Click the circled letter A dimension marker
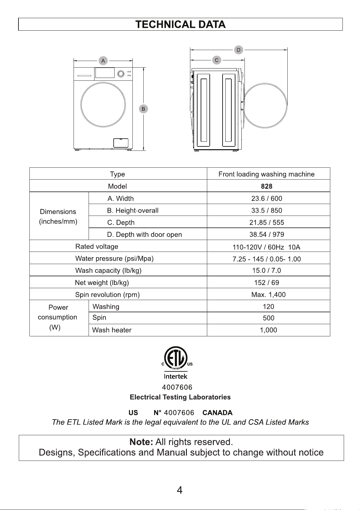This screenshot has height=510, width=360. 103,61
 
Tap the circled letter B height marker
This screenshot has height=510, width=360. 143,109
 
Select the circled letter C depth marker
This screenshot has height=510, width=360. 216,60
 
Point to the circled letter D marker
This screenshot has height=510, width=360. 239,50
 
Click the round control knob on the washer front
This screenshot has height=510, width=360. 121,74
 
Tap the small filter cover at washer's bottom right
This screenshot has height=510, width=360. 121,143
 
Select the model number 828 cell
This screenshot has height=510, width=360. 267,186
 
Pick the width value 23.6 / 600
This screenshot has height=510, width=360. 267,199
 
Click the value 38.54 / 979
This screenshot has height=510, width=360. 267,235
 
